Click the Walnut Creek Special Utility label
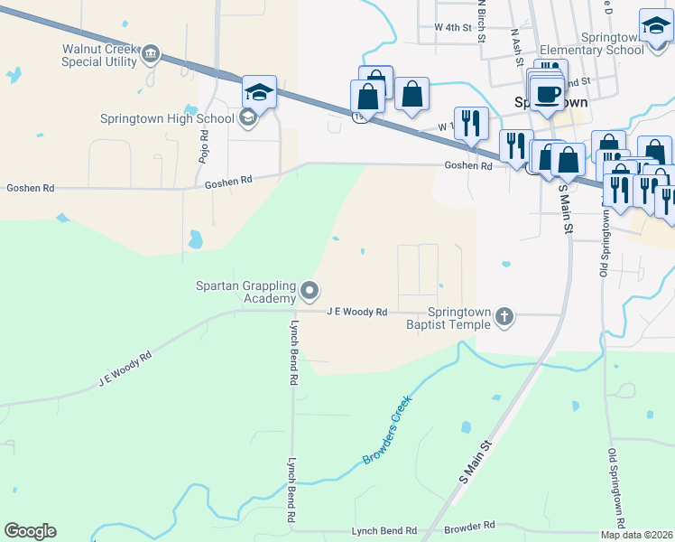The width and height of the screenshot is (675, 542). coord(99,55)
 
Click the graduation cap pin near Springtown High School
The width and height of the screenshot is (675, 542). coord(258,93)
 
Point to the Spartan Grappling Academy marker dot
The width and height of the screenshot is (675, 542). coord(310,291)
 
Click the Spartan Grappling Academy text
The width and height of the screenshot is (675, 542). coord(246,292)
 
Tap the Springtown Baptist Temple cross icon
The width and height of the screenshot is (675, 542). coord(504,317)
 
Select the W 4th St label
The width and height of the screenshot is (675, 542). coord(453,28)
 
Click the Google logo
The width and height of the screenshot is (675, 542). coord(30,531)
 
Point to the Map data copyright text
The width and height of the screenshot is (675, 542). coord(636,535)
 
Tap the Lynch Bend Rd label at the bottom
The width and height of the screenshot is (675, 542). coord(384,531)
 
